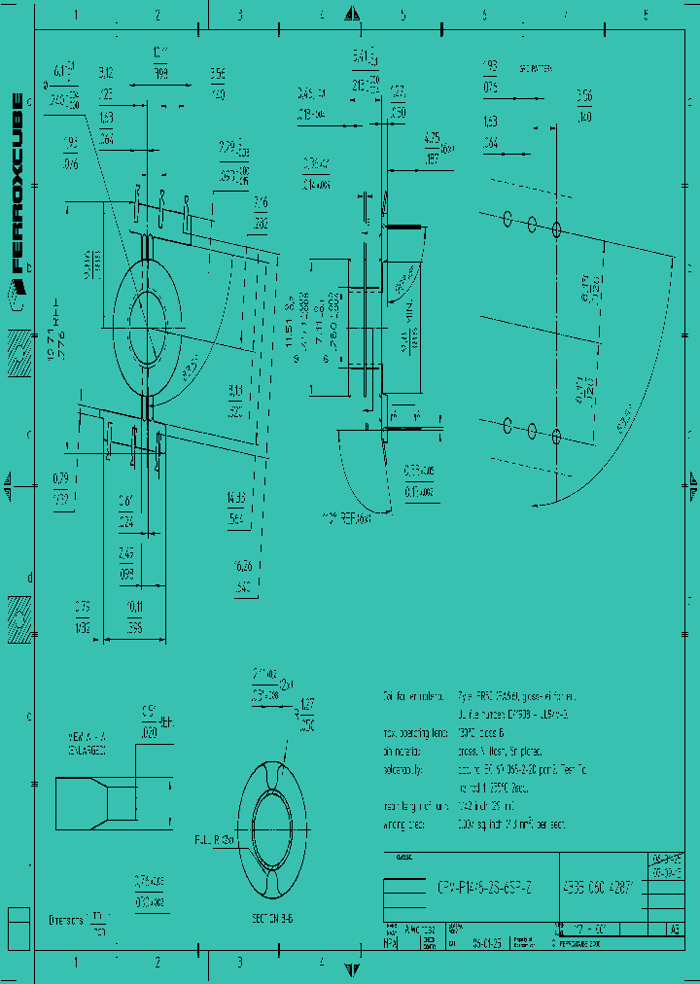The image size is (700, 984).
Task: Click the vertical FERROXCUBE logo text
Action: click(x=17, y=182)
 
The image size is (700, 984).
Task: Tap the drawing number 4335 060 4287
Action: click(x=600, y=886)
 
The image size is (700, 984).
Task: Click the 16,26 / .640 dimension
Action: click(x=243, y=580)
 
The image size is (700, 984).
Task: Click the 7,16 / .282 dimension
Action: click(x=261, y=212)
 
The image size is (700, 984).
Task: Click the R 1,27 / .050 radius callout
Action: click(x=305, y=714)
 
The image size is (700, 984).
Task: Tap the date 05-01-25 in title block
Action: click(x=488, y=942)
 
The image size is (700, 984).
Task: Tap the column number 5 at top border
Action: click(x=402, y=16)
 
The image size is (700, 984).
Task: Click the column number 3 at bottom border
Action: click(x=239, y=962)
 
